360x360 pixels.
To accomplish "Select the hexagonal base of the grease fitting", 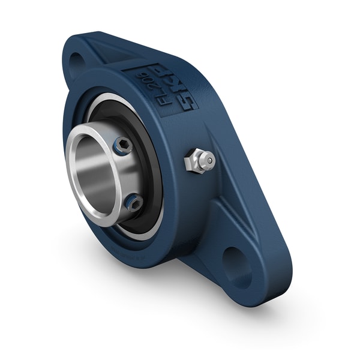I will (194, 161).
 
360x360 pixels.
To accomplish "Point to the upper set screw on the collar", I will (123, 145).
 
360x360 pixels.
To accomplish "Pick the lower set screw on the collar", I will (134, 202).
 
